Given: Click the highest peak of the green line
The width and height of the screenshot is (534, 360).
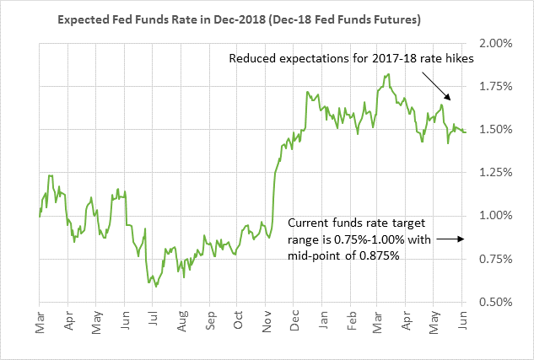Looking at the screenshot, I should (x=386, y=74).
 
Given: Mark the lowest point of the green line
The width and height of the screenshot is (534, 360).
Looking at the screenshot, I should (x=156, y=287).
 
